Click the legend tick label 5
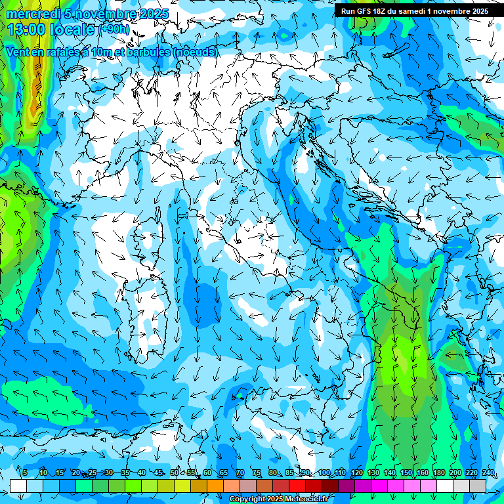tap(25, 472)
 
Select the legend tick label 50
tap(174, 472)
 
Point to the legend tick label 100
tap(324, 472)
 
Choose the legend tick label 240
tap(488, 472)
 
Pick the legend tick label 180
tap(439, 472)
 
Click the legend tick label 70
tap(240, 472)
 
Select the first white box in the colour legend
tap(18, 486)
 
